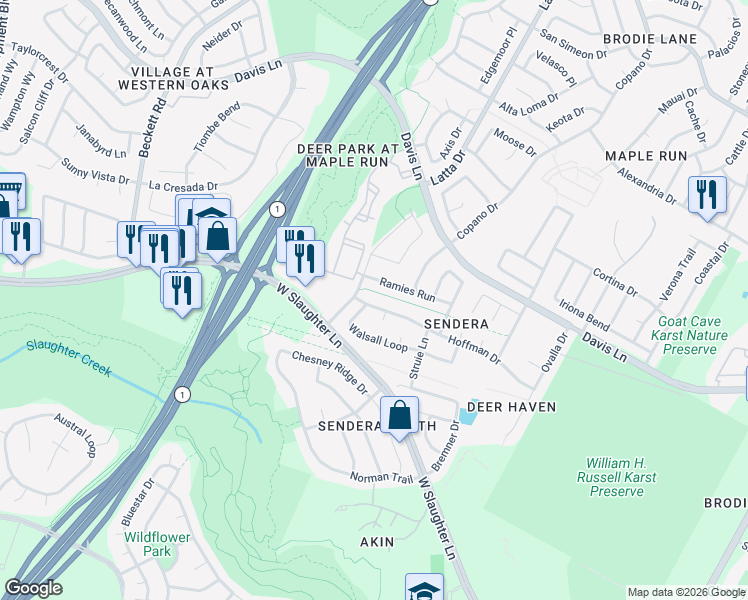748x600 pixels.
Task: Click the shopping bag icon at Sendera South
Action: pos(399,415)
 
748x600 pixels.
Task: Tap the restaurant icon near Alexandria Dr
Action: pos(707,194)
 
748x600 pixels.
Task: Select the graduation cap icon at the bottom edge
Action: pos(424,588)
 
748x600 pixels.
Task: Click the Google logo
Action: pos(33,588)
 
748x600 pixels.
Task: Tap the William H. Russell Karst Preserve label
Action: pos(616,477)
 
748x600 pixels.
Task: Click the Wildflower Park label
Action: pos(157,544)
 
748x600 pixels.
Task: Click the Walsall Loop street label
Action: pos(378,337)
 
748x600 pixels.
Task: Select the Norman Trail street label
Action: pos(381,478)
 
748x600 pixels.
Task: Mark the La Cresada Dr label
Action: pos(183,186)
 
